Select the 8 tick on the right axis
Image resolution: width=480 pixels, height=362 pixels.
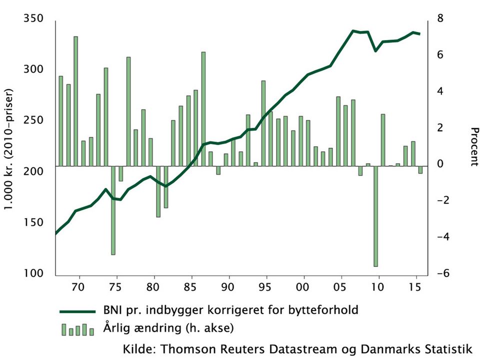click(441, 19)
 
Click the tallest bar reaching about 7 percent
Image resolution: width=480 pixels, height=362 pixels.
click(76, 101)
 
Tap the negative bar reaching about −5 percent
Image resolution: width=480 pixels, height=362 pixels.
click(113, 210)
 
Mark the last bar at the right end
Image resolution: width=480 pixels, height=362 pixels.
click(420, 170)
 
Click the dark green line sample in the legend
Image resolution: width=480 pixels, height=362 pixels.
click(77, 311)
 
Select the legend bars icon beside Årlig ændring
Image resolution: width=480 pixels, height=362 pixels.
click(77, 329)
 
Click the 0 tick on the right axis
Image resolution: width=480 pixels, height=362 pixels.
click(441, 165)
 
